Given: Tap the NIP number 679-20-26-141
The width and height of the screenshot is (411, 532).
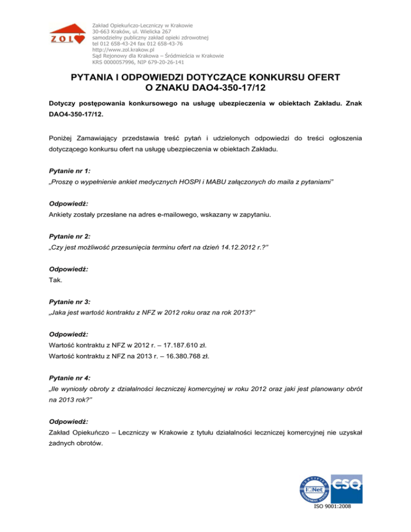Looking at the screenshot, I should [x=172, y=61].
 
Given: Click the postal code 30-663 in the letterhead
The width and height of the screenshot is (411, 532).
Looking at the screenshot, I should [x=104, y=32].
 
